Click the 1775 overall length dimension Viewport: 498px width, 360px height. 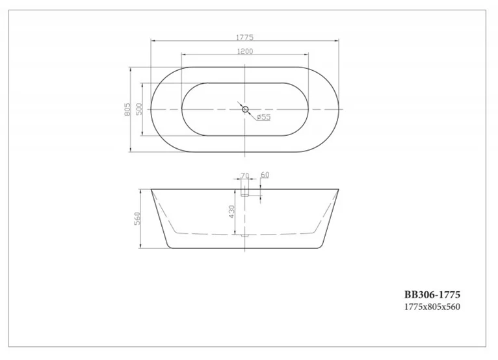(245, 38)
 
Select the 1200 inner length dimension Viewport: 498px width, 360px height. (245, 51)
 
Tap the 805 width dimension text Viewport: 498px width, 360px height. (129, 109)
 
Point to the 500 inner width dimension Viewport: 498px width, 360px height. (139, 109)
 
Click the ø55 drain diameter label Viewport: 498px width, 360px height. (263, 117)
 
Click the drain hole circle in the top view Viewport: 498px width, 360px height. (245, 109)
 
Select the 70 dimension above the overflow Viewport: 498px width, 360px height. (244, 175)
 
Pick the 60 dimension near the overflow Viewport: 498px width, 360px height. (265, 175)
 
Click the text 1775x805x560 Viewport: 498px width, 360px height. (432, 307)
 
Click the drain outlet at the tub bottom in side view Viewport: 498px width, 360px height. (245, 235)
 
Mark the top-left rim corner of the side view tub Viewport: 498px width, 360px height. (151, 190)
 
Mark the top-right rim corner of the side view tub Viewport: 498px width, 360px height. (339, 190)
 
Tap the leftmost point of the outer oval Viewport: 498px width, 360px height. (151, 109)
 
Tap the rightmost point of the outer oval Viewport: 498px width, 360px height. (339, 109)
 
